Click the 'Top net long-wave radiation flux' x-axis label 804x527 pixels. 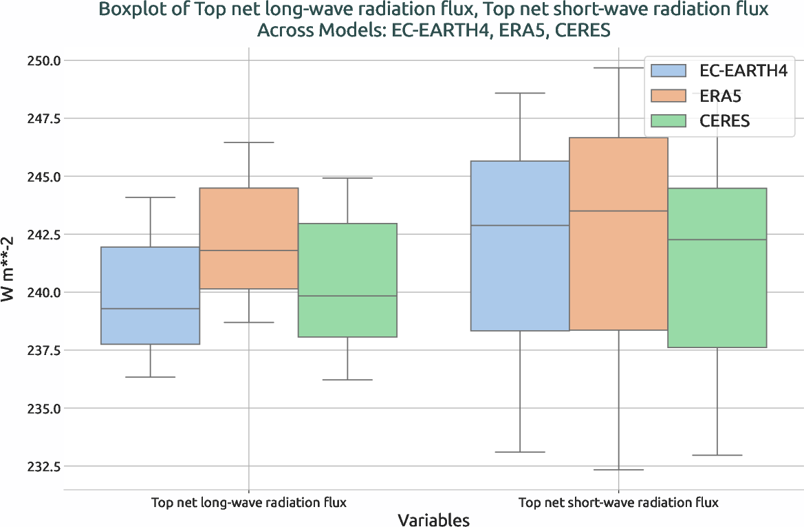[x=248, y=502]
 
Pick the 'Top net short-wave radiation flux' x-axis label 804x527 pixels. [x=618, y=502]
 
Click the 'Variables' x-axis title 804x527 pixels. [x=433, y=519]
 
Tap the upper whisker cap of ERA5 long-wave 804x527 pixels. [x=248, y=142]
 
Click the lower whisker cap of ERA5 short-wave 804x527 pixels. [x=618, y=470]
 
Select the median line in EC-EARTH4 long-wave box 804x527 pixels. [x=150, y=309]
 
